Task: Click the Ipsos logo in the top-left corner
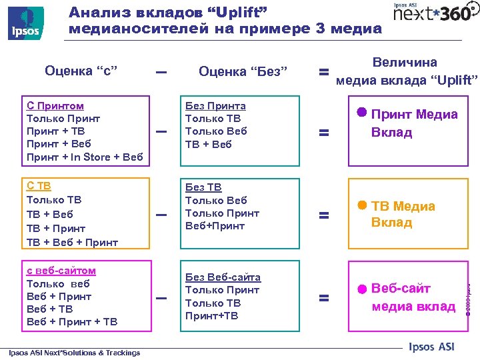click(x=26, y=23)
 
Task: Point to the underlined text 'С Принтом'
click(x=55, y=105)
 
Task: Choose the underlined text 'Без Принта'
click(x=215, y=105)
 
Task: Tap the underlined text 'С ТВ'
click(x=39, y=187)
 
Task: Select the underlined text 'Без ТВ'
click(x=203, y=187)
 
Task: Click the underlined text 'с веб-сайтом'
click(x=61, y=270)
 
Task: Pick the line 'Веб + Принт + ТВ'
click(x=71, y=321)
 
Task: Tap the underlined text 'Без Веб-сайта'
click(x=223, y=277)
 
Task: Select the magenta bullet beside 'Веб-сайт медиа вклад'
click(x=361, y=289)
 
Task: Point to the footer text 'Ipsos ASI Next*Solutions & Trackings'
click(x=74, y=353)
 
